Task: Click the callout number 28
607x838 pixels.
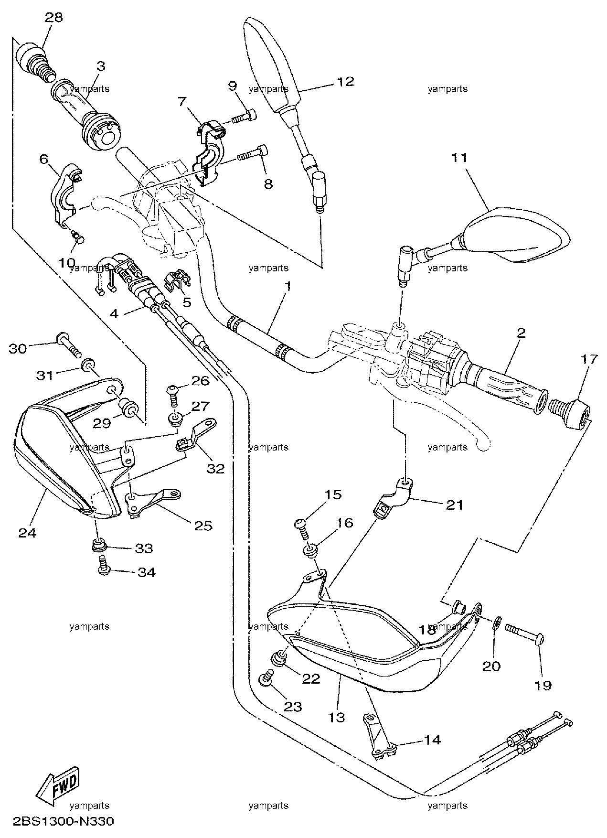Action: tap(53, 18)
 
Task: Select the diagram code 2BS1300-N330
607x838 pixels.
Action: tap(58, 823)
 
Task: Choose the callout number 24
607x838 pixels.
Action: tap(27, 532)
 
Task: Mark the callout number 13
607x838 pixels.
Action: tap(337, 717)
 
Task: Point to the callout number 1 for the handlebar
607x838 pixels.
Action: tap(288, 287)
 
